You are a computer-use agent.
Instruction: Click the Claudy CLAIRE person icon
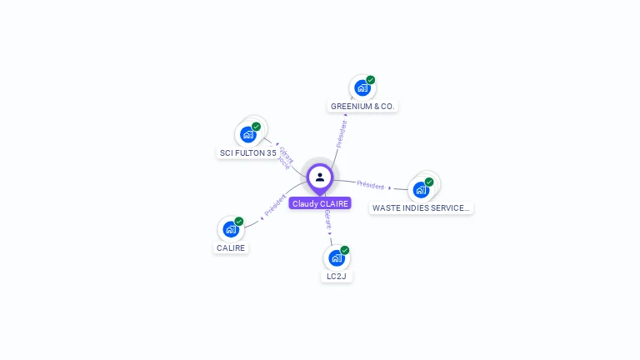click(320, 177)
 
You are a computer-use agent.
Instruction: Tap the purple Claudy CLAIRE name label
click(320, 203)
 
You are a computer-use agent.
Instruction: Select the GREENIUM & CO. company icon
click(362, 87)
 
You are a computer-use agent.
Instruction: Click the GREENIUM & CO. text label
click(362, 107)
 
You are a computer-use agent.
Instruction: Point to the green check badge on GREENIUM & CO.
click(371, 80)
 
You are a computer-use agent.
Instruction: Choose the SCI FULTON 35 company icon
click(247, 134)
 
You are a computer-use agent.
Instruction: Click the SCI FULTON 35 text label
click(247, 153)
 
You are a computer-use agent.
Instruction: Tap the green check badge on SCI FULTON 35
click(257, 127)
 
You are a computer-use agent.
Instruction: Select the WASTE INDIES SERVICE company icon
click(421, 189)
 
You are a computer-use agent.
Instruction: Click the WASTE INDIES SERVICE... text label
click(421, 208)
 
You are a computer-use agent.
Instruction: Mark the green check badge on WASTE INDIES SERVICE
click(429, 182)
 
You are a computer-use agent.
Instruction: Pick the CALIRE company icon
click(231, 229)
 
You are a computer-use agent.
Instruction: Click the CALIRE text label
click(232, 248)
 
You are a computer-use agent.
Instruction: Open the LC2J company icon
click(336, 257)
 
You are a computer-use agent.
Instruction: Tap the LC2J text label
click(337, 277)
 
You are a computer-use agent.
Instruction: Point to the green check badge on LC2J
click(345, 250)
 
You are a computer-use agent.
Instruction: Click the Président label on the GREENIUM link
click(342, 133)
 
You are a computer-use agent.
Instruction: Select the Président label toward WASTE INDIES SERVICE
click(371, 185)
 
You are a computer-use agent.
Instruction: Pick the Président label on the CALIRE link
click(275, 206)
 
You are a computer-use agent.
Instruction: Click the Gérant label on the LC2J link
click(328, 220)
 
